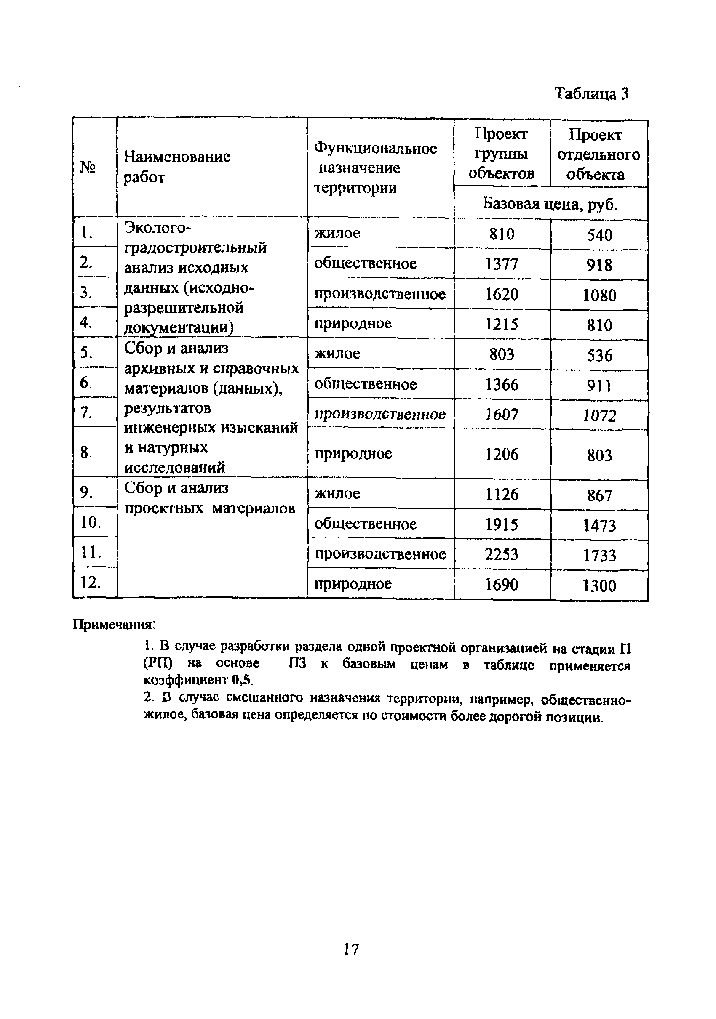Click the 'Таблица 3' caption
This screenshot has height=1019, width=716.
click(591, 93)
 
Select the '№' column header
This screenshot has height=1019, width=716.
click(88, 168)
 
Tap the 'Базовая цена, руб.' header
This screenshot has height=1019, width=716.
click(550, 204)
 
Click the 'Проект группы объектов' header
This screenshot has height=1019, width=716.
click(501, 153)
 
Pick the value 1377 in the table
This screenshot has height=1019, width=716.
click(502, 264)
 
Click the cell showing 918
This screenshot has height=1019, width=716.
click(599, 266)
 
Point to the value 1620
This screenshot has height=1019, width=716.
click(502, 294)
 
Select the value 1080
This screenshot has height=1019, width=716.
click(599, 295)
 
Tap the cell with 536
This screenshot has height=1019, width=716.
click(599, 356)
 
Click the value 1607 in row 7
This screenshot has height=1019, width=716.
click(502, 415)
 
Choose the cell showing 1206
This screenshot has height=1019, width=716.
click(502, 454)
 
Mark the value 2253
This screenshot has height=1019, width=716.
click(502, 554)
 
